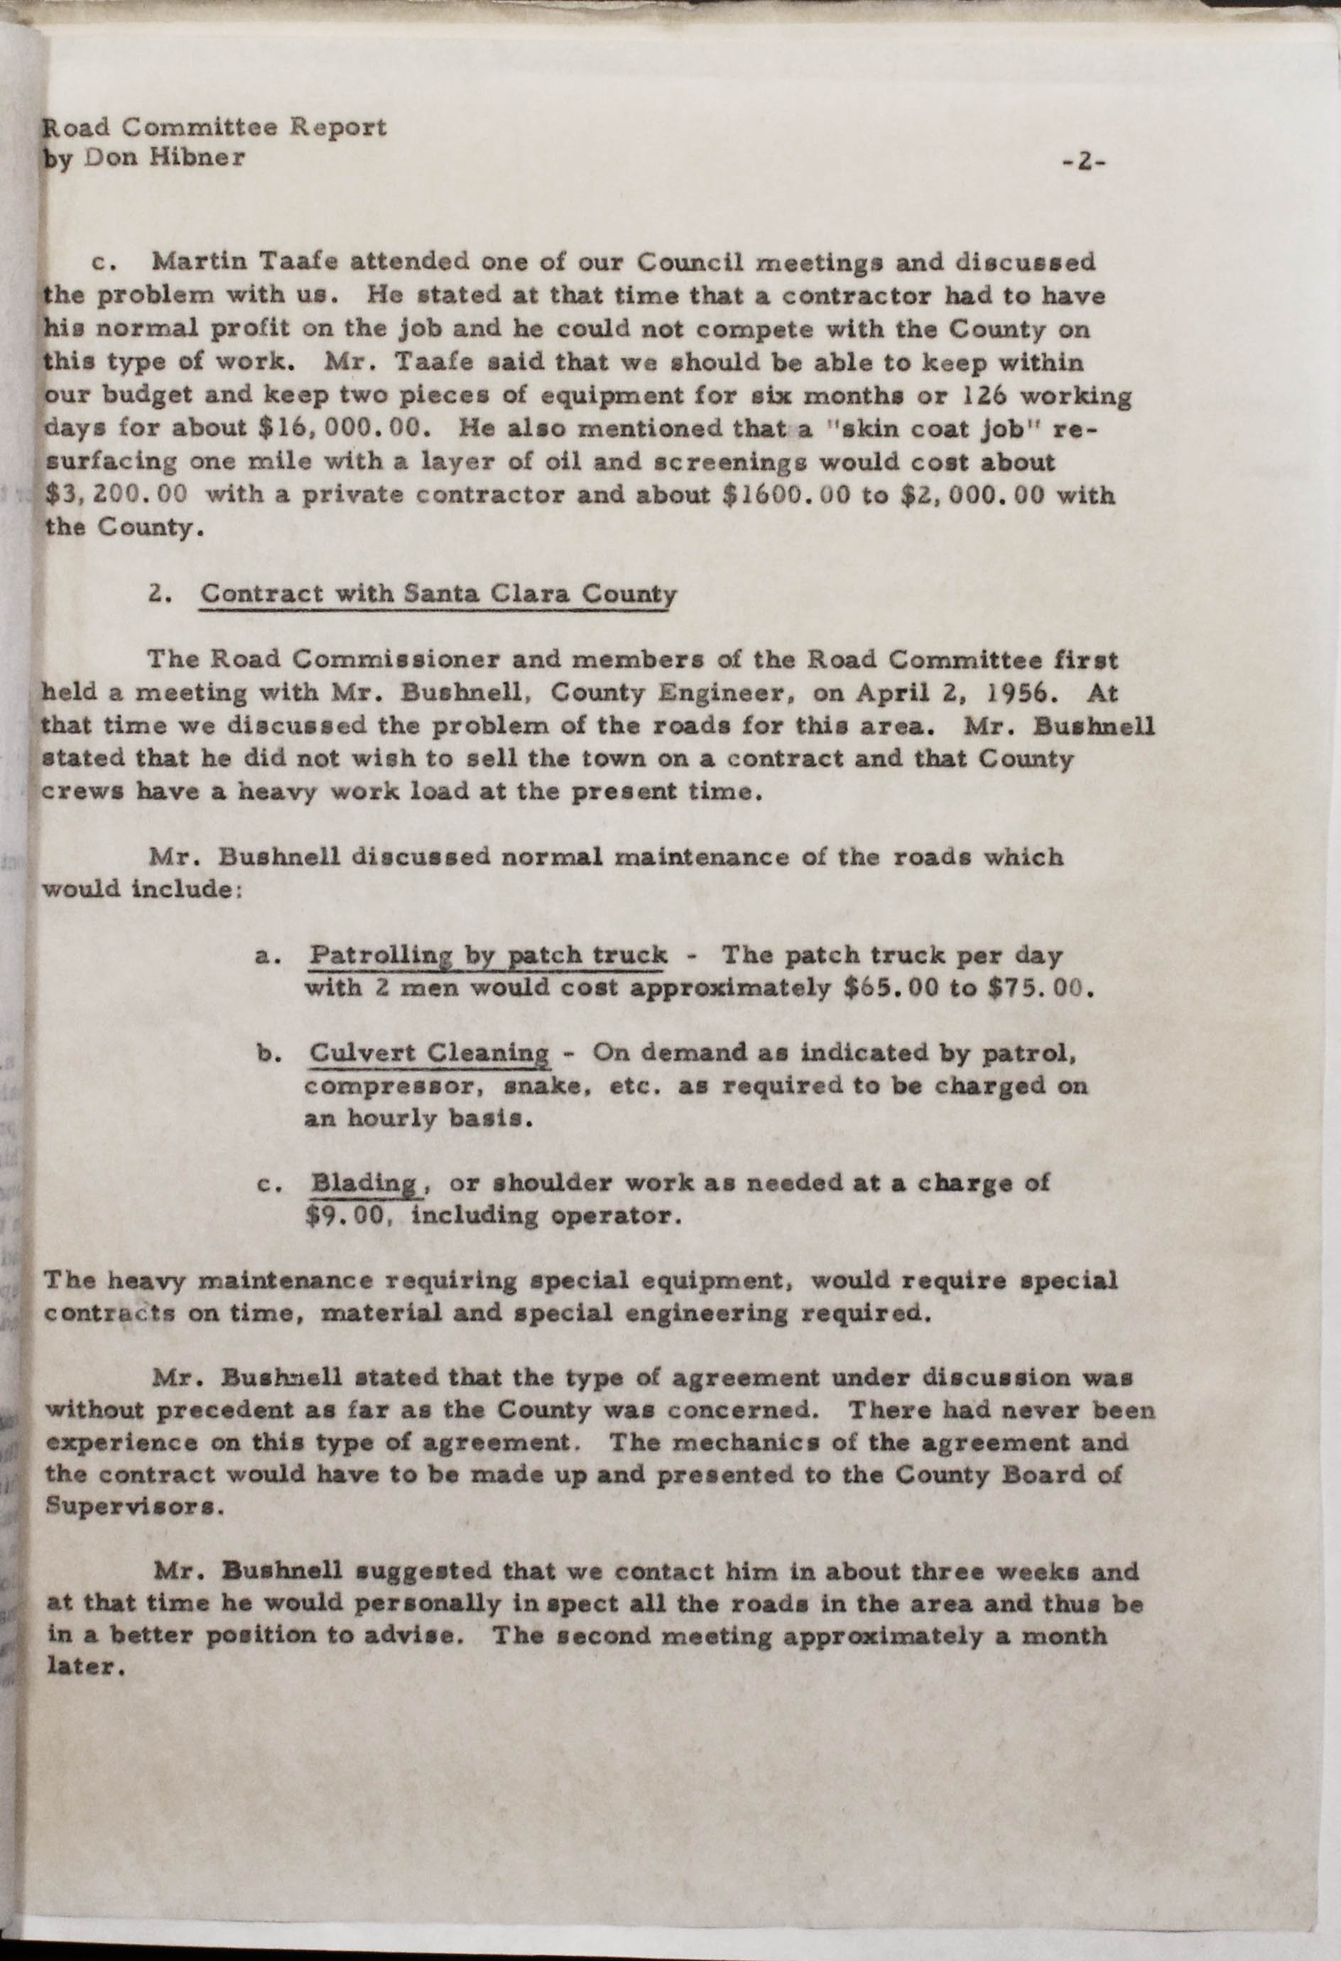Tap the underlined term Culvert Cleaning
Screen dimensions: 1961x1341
click(430, 1053)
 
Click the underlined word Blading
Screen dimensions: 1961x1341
click(363, 1183)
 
